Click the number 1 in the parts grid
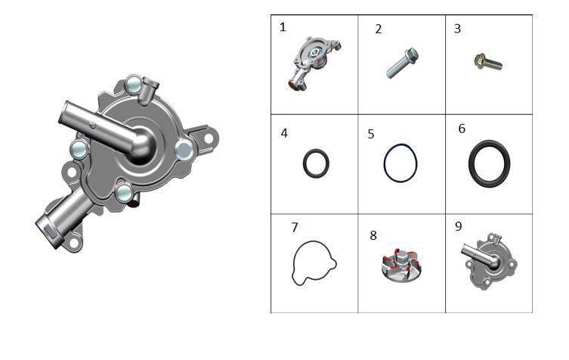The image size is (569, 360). click(x=283, y=27)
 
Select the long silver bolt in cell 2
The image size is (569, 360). click(x=403, y=63)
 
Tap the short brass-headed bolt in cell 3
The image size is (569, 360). click(x=488, y=62)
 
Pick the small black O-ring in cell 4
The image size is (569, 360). click(x=316, y=163)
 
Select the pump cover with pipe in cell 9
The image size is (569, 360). click(x=490, y=262)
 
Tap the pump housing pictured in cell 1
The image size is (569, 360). click(x=314, y=63)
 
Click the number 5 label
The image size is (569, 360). click(x=370, y=134)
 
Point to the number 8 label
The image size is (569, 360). click(x=373, y=235)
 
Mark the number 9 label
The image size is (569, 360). click(x=459, y=226)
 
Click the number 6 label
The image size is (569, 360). click(x=462, y=129)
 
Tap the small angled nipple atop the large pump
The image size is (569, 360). click(x=149, y=90)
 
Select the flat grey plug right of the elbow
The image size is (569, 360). click(x=184, y=150)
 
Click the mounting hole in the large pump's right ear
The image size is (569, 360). click(x=209, y=138)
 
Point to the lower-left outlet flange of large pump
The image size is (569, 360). click(x=46, y=231)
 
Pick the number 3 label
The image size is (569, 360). click(x=457, y=28)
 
